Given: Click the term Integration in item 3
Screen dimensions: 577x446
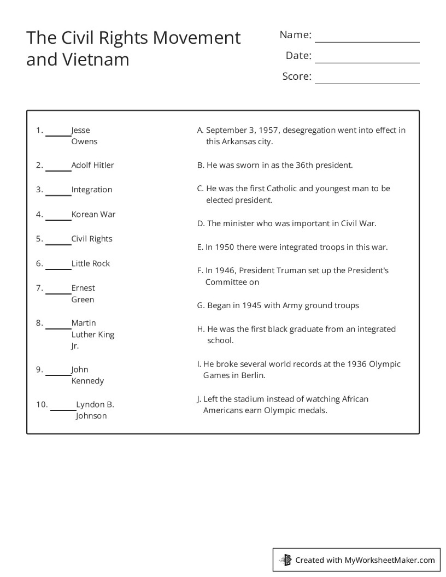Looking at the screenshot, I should click(x=91, y=190).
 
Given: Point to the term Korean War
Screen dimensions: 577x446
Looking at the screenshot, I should click(x=93, y=214).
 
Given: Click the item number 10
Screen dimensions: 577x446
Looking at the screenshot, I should click(x=42, y=405).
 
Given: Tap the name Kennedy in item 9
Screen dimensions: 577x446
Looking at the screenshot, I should click(x=87, y=381).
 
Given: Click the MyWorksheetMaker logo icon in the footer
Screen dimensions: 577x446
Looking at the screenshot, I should click(x=285, y=560).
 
